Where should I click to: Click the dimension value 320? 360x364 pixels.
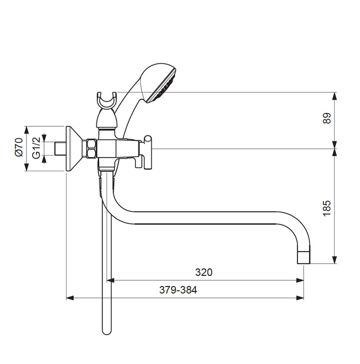point(203,273)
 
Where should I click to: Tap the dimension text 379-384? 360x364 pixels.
point(178,290)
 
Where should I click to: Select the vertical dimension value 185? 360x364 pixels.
point(327,208)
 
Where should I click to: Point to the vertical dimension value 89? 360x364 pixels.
point(327,118)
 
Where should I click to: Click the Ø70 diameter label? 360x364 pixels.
point(19,147)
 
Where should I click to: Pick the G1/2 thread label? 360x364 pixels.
point(37,148)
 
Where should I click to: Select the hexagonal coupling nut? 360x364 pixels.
point(91,149)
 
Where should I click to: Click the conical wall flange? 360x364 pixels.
point(73,149)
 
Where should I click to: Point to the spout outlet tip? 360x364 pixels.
point(304,257)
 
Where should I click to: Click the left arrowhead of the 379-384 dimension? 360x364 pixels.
point(70,298)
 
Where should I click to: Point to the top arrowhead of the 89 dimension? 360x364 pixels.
point(334,96)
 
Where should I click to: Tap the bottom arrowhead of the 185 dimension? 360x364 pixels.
point(334,260)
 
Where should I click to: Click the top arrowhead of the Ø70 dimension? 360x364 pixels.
point(27,130)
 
